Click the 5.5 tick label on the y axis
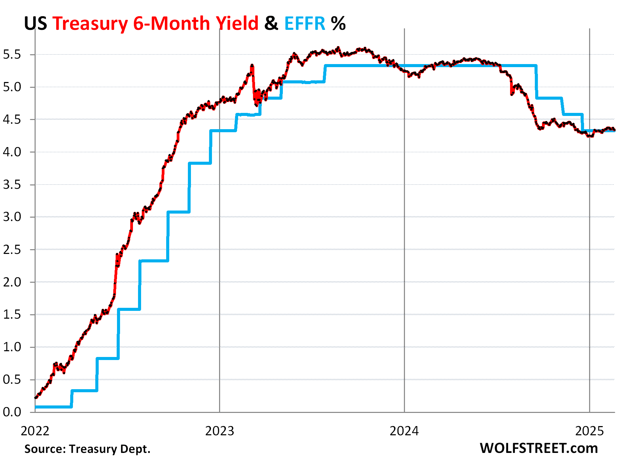click(12, 54)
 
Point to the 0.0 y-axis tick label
click(12, 412)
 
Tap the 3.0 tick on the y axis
click(12, 217)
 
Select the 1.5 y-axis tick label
click(12, 315)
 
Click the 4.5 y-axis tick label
click(12, 119)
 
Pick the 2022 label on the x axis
click(35, 431)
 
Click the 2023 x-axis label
click(220, 431)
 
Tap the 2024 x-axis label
click(404, 431)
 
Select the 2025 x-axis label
click(590, 431)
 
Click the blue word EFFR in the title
click(305, 24)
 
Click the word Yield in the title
click(237, 24)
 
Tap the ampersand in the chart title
click(271, 24)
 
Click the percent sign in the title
click(338, 24)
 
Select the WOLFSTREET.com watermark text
click(539, 448)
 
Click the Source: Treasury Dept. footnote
click(87, 449)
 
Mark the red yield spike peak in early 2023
click(252, 65)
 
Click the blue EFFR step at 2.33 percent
click(154, 261)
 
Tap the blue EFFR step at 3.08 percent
click(178, 212)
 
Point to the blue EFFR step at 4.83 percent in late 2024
click(549, 98)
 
